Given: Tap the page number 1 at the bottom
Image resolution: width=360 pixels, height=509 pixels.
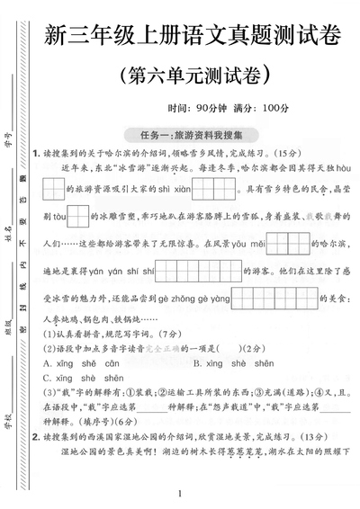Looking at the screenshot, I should [x=181, y=492].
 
